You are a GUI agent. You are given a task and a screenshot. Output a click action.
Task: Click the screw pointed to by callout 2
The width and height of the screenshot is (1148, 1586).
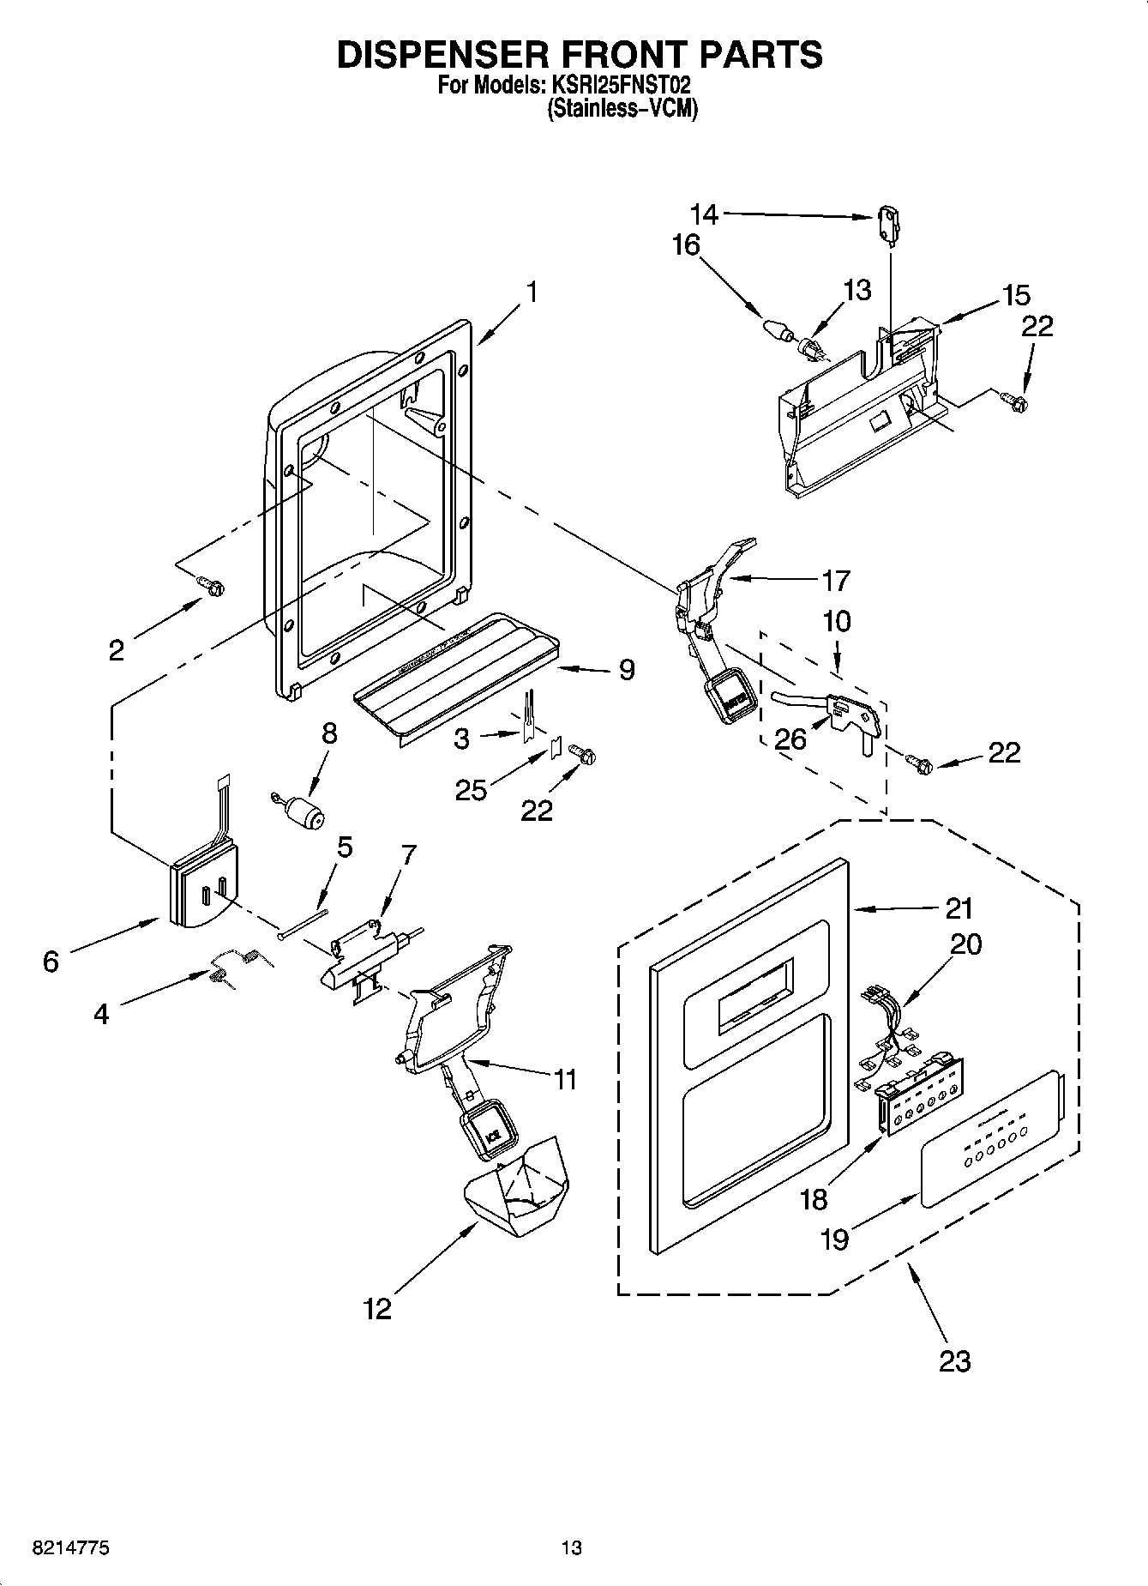coord(212,586)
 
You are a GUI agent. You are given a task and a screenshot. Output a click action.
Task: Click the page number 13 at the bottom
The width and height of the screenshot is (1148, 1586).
coord(571,1547)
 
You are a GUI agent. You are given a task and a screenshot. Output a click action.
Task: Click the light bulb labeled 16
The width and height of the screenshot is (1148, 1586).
coord(775,329)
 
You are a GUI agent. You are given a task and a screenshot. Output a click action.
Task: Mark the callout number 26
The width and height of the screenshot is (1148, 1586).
coord(790,738)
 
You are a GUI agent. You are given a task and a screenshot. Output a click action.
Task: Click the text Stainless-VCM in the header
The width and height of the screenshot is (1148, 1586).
coord(622,110)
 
